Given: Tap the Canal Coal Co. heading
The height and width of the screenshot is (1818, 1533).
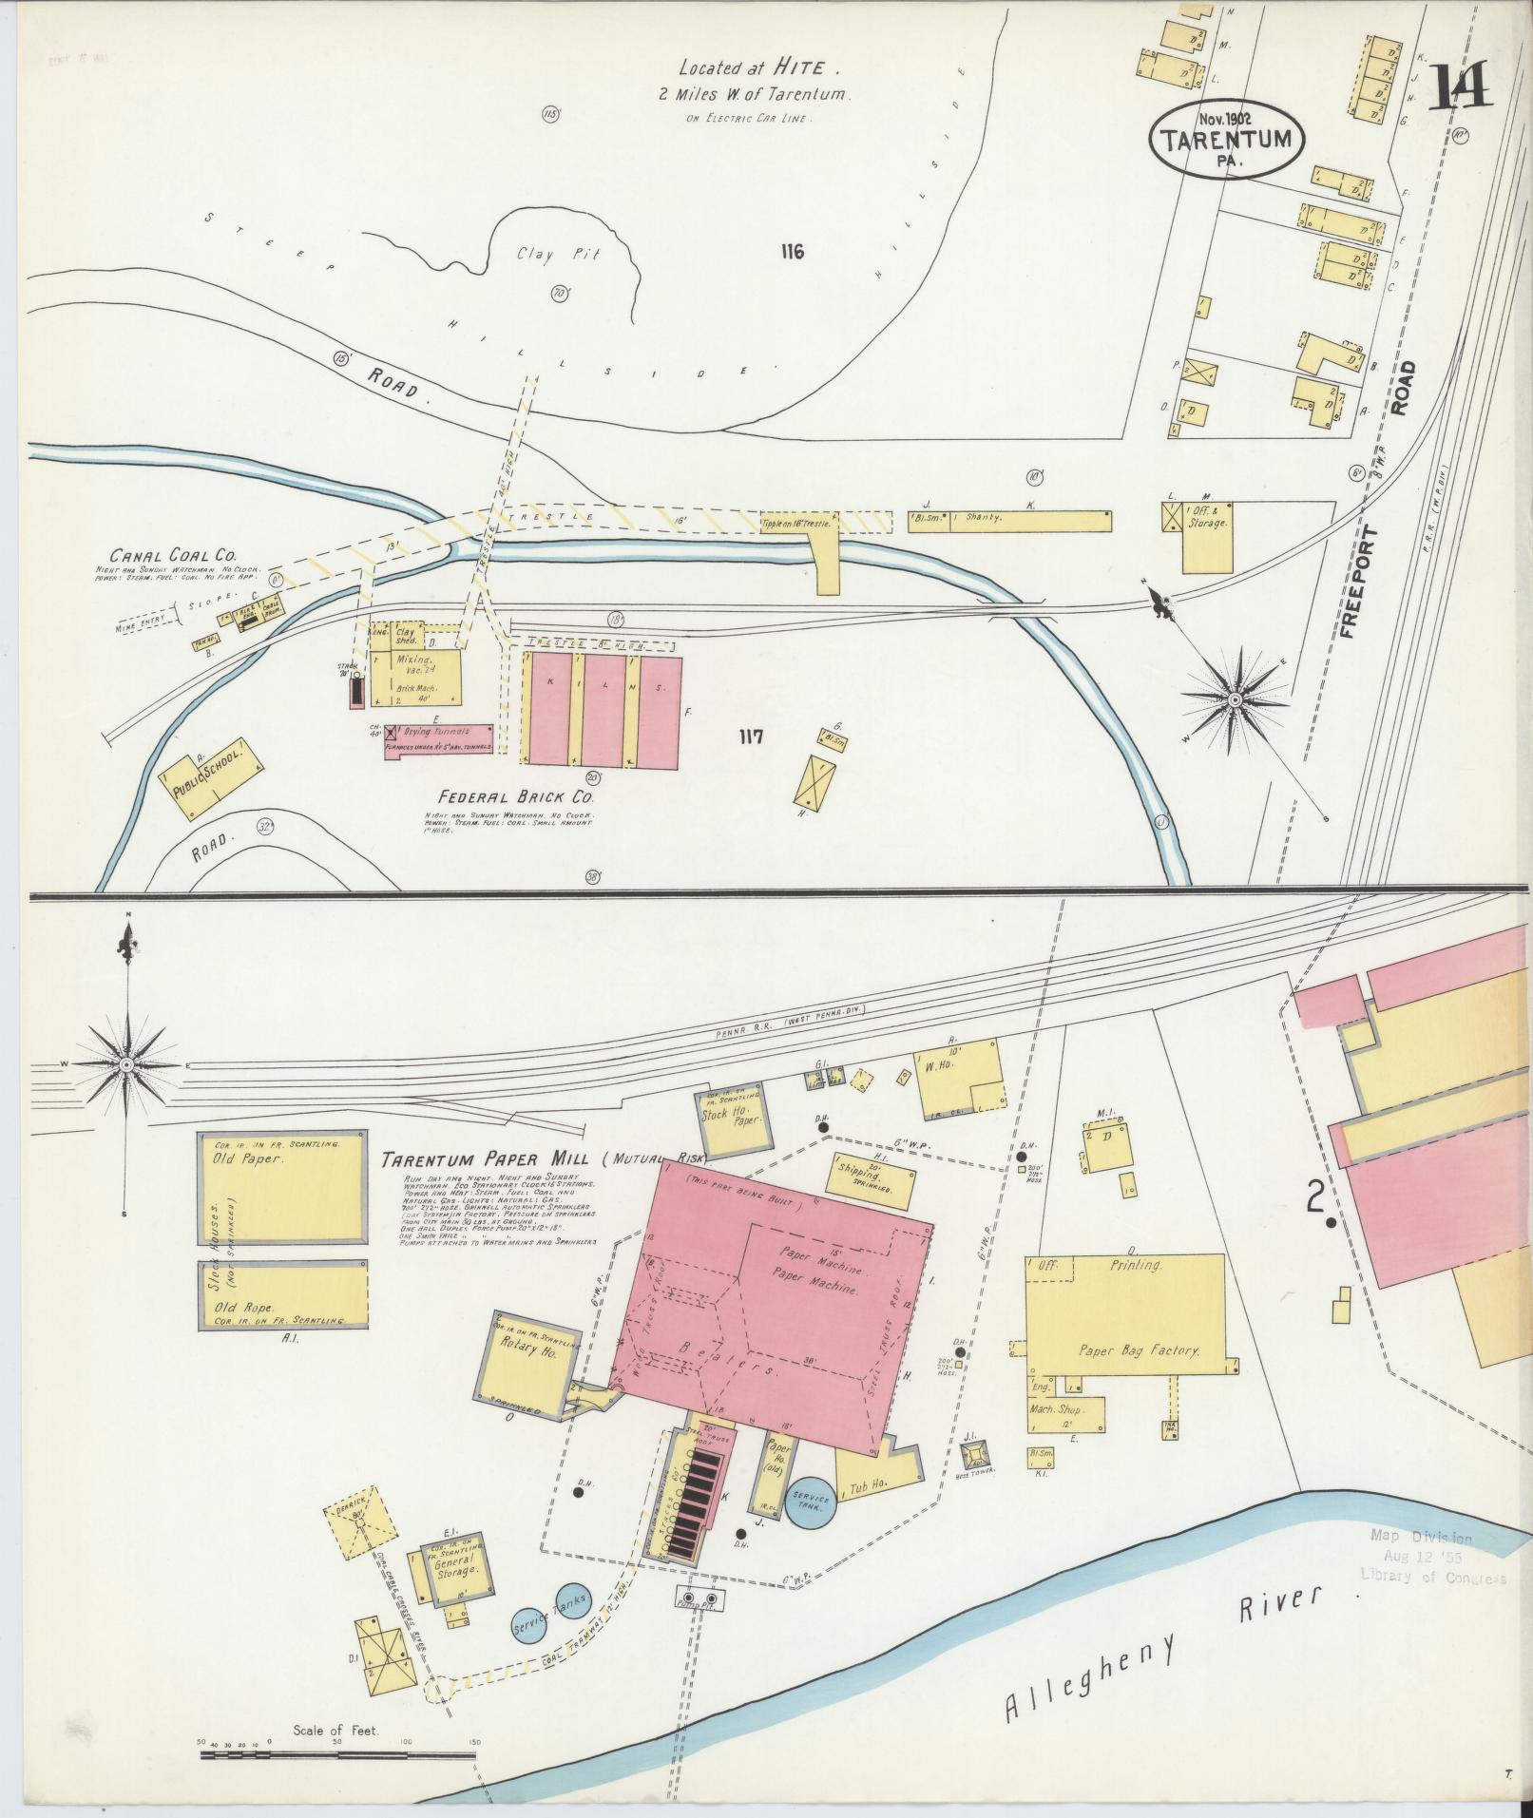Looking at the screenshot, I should (x=174, y=555).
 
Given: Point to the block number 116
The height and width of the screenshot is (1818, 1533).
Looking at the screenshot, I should (x=791, y=252).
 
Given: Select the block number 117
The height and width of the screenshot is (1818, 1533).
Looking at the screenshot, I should (x=750, y=737).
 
